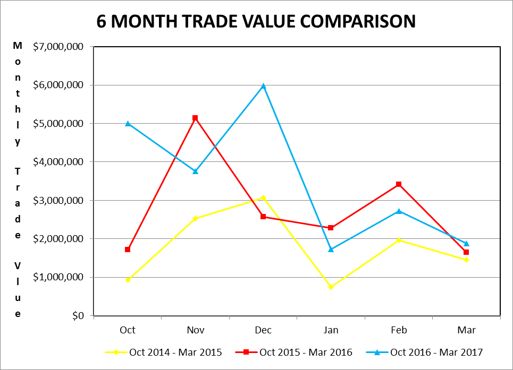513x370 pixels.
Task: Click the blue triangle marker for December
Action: pyautogui.click(x=263, y=85)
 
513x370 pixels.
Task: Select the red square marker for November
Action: pyautogui.click(x=195, y=118)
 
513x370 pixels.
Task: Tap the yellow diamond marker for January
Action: pyautogui.click(x=331, y=287)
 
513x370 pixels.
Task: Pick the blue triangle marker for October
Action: pyautogui.click(x=128, y=123)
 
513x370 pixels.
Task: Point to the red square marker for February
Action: pyautogui.click(x=399, y=184)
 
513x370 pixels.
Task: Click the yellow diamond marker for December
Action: pyautogui.click(x=263, y=197)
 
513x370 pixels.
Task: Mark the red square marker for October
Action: pyautogui.click(x=128, y=249)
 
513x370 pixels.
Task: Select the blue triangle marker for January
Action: pyautogui.click(x=331, y=249)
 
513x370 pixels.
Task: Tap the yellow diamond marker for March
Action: pyautogui.click(x=466, y=260)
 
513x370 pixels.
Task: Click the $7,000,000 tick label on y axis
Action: pyautogui.click(x=58, y=47)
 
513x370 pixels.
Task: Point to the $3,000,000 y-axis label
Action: pyautogui.click(x=58, y=201)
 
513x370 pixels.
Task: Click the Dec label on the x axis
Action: pyautogui.click(x=263, y=330)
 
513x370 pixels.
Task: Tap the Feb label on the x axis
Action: pyautogui.click(x=399, y=330)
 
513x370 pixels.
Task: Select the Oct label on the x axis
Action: pyautogui.click(x=128, y=330)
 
